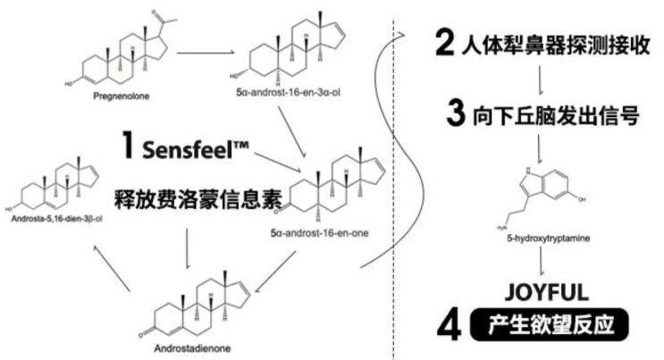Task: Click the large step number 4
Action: (x=450, y=322)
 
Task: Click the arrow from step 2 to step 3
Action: (x=542, y=81)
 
